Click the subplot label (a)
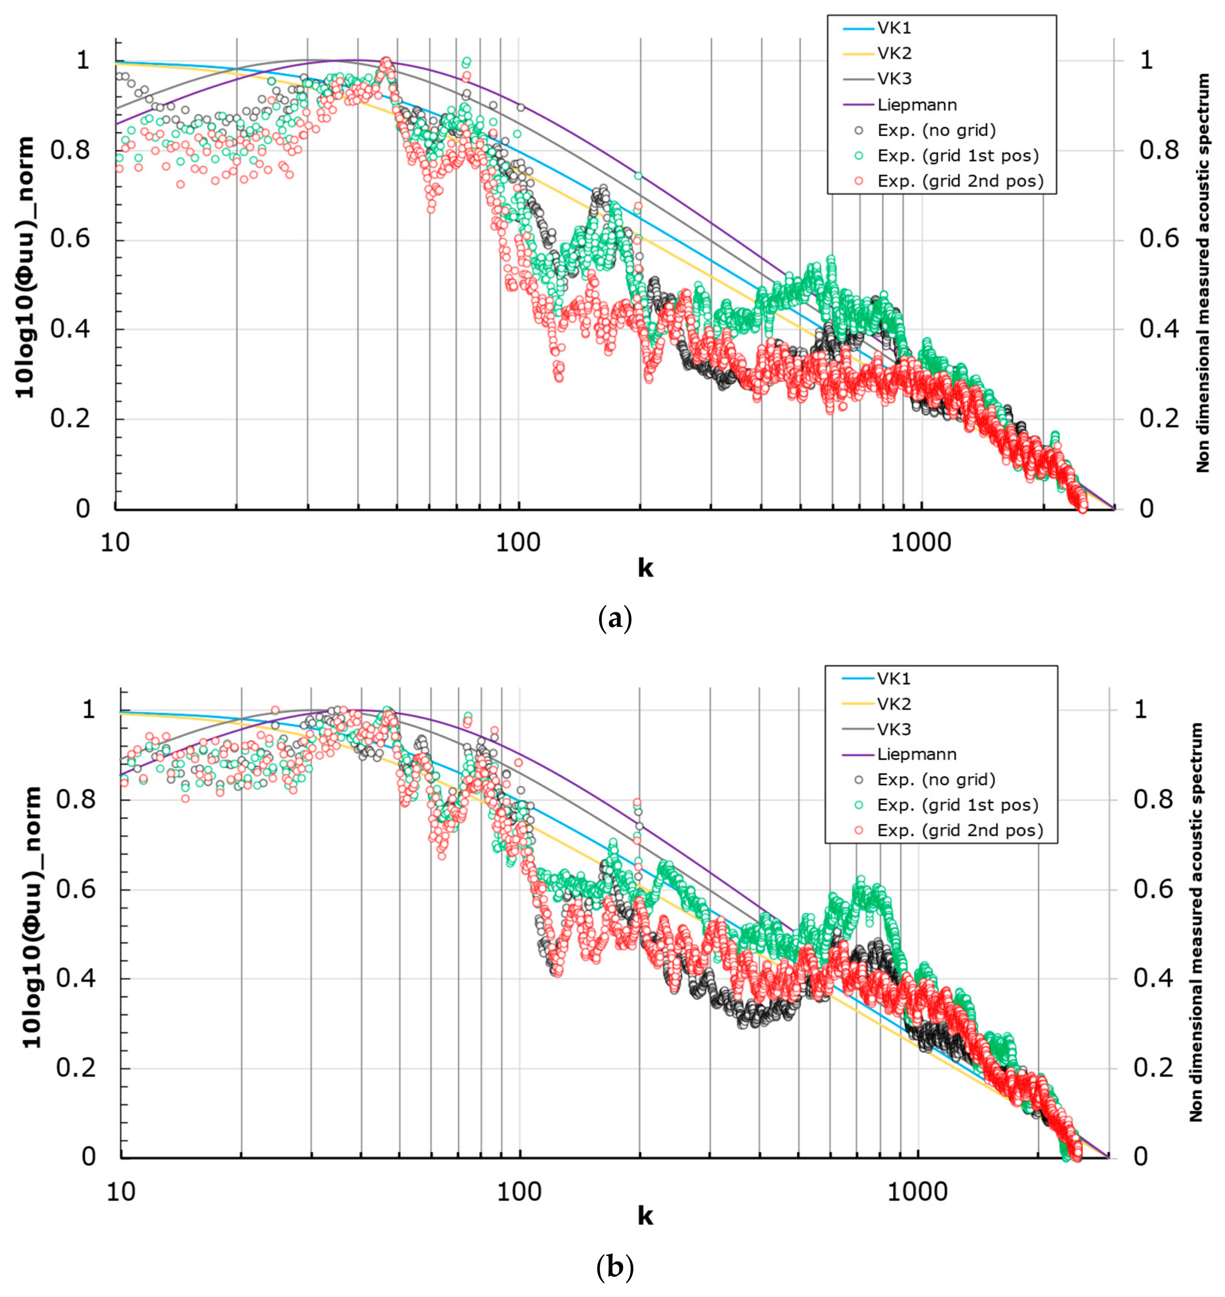tap(614, 618)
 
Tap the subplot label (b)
tap(614, 1268)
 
